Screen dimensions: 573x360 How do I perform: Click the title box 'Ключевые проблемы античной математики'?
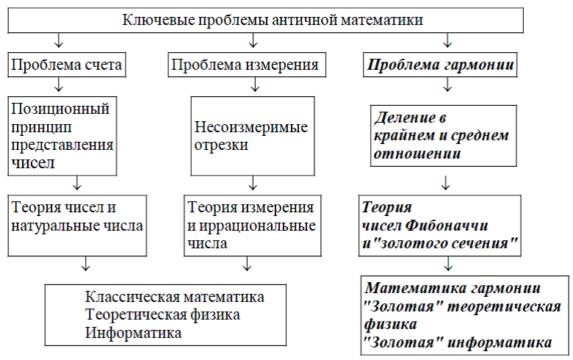click(266, 20)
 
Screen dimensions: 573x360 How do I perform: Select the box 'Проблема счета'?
click(67, 65)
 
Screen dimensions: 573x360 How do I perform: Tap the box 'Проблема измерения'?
click(247, 65)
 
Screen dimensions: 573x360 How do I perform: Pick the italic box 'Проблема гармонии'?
click(440, 65)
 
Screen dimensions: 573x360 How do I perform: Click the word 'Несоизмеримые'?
click(251, 127)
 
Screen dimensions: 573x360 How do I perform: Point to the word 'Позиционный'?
click(60, 109)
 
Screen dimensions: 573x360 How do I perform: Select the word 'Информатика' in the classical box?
click(134, 333)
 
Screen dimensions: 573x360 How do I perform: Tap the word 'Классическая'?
click(132, 297)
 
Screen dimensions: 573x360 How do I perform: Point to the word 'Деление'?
click(405, 118)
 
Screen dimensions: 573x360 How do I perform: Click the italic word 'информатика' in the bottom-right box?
click(500, 342)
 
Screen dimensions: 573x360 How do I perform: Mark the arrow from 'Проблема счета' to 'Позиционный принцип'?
click(59, 84)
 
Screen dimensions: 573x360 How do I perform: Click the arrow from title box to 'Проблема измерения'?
click(253, 40)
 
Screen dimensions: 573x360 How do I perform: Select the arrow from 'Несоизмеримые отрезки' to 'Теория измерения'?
click(253, 183)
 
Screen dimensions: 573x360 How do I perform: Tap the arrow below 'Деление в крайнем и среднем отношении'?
click(445, 183)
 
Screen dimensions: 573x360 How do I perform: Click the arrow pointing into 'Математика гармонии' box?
click(448, 263)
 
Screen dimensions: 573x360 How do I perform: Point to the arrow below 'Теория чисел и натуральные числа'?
click(85, 263)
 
